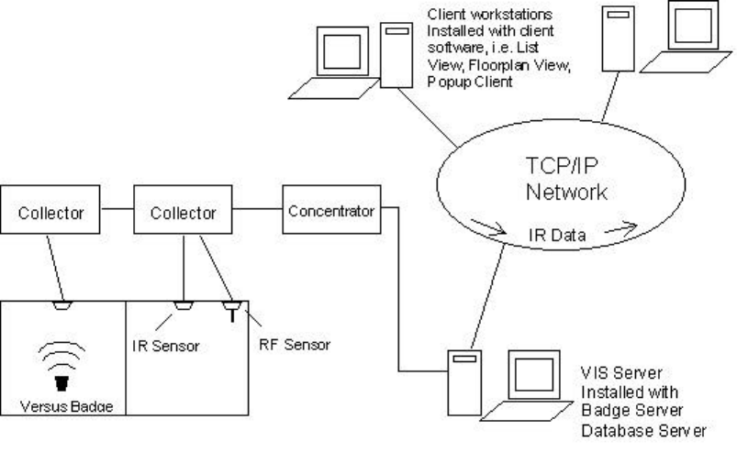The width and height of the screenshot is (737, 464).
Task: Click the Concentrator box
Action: (331, 212)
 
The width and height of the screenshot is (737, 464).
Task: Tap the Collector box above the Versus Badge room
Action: (48, 212)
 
